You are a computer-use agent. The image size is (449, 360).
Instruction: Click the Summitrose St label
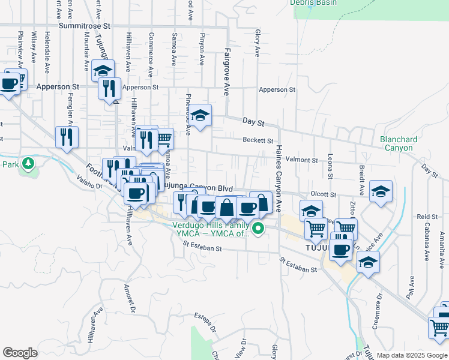click(85, 26)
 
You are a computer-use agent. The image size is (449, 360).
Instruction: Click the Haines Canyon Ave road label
click(279, 178)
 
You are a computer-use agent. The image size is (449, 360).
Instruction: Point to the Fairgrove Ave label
click(227, 72)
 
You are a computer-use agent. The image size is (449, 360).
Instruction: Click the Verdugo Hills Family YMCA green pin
click(259, 228)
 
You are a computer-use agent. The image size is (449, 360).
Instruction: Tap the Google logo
click(20, 352)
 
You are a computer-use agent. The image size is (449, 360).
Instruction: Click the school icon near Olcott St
click(381, 192)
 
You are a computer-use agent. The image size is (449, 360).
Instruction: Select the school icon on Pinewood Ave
click(201, 115)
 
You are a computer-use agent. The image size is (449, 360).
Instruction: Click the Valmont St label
click(301, 160)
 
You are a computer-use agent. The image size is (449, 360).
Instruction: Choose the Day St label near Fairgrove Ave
click(253, 121)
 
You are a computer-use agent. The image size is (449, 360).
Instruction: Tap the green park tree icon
click(28, 163)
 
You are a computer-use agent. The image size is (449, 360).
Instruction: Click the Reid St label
click(427, 217)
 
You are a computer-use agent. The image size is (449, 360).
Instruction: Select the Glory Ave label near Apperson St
click(257, 44)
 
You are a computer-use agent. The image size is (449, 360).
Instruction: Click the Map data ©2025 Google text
click(411, 355)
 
